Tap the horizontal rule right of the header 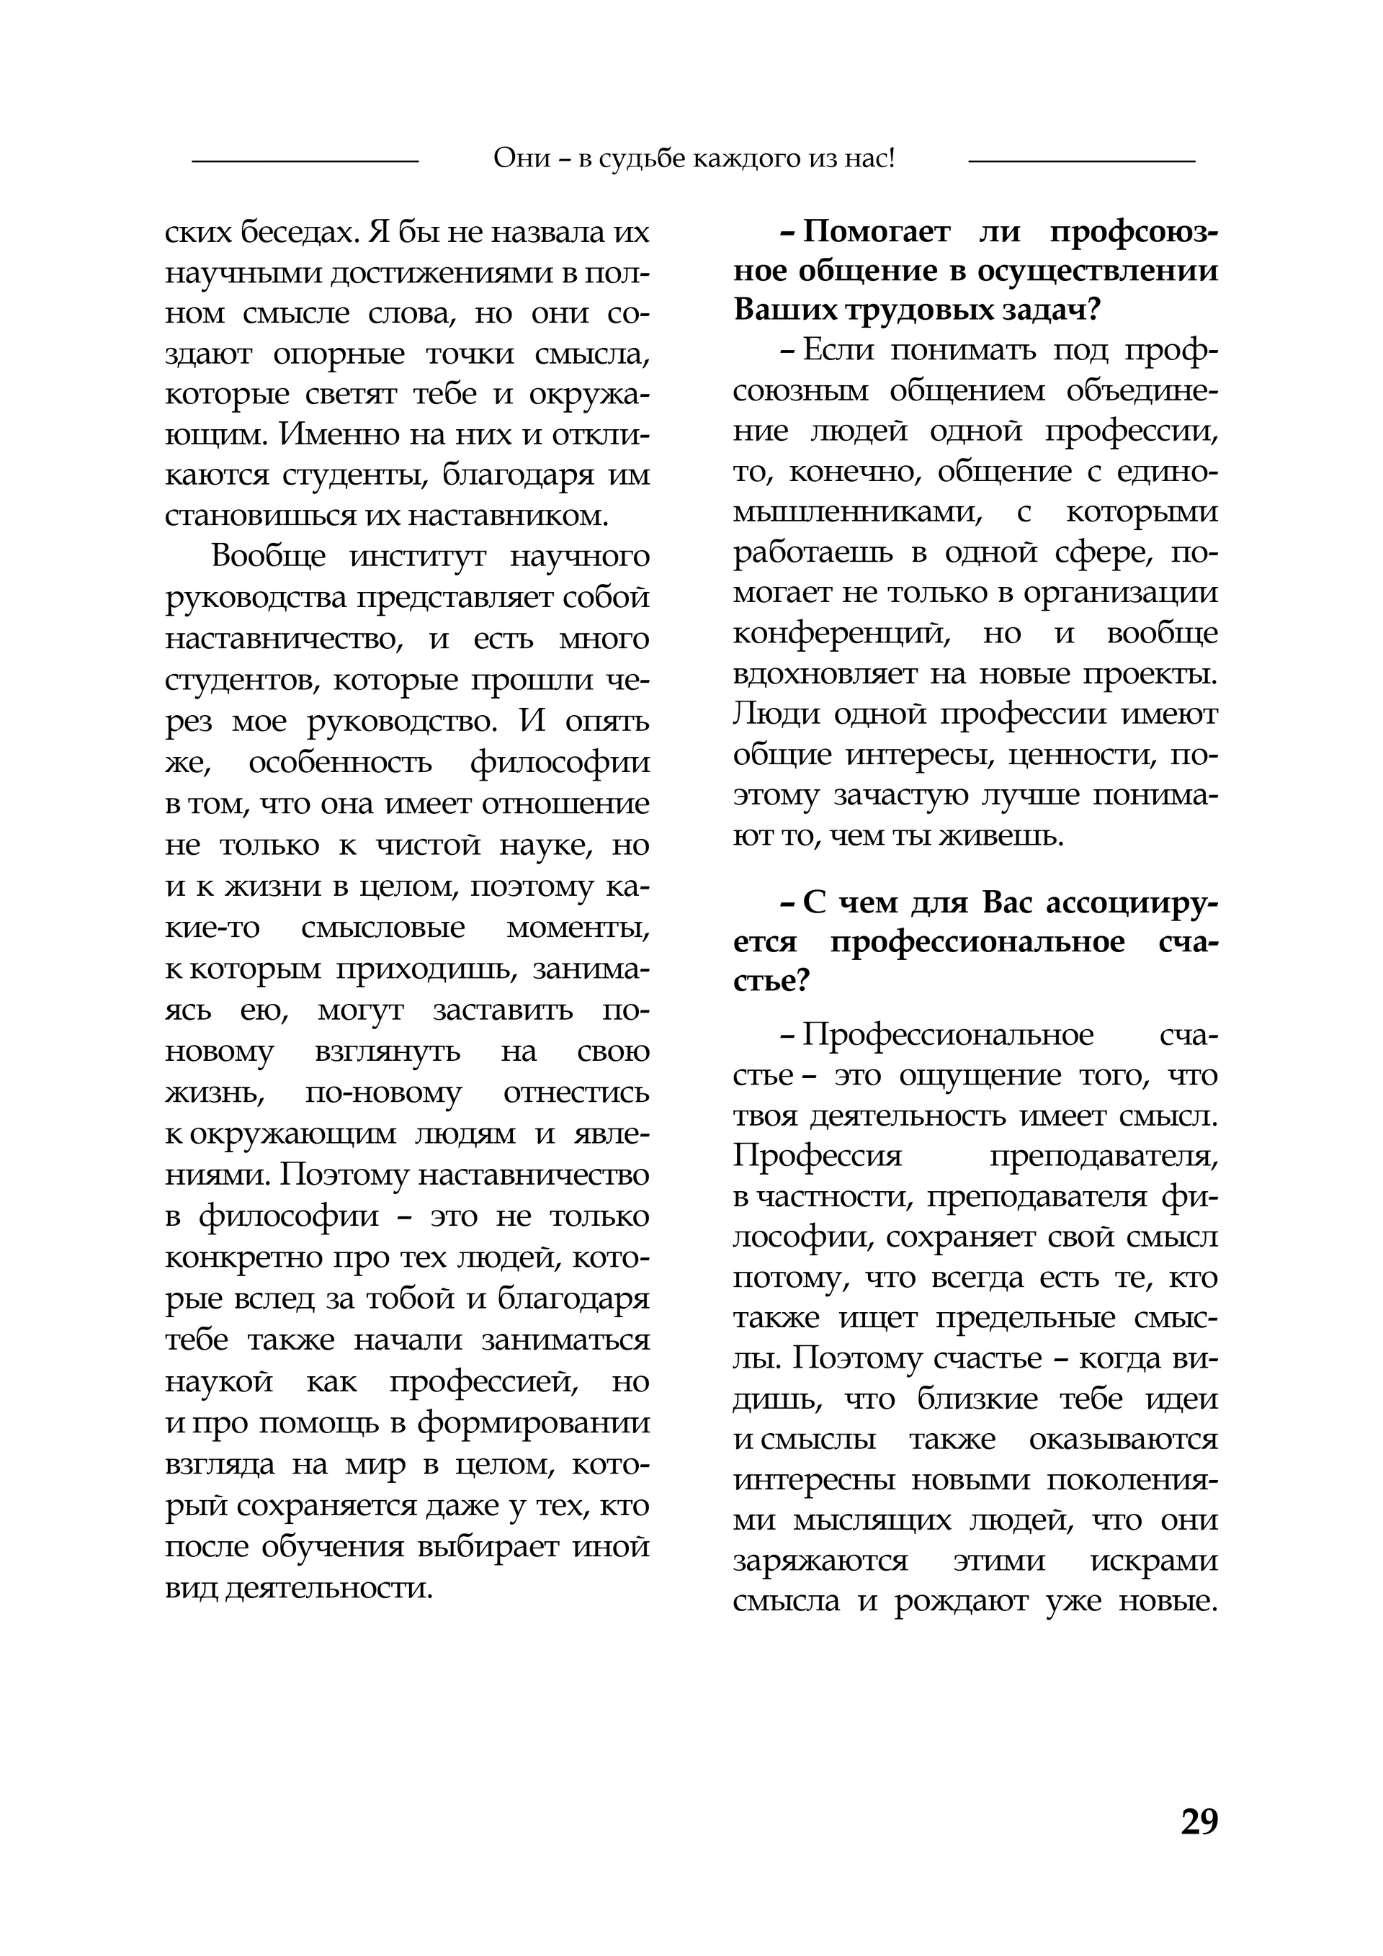pyautogui.click(x=1081, y=160)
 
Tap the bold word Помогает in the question pyautogui.click(x=879, y=232)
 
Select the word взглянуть pyautogui.click(x=388, y=1051)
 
